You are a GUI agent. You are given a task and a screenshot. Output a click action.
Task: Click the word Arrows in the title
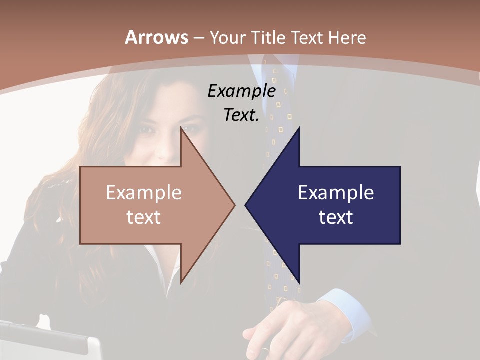coord(156,37)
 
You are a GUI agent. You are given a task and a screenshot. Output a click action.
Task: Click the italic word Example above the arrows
coord(242,91)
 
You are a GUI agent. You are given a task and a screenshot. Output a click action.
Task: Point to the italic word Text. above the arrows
coord(241,115)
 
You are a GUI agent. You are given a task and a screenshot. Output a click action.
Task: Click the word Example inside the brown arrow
coord(144,192)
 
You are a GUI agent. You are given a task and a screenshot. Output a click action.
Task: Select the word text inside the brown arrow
coord(144,217)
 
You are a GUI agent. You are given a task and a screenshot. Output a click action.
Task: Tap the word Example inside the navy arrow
coord(336,192)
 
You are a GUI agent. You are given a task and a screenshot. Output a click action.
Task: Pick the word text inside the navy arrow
coord(336,217)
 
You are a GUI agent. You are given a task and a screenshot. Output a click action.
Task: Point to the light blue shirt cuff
coord(345,312)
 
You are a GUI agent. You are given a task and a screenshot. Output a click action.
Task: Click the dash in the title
coord(198,38)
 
